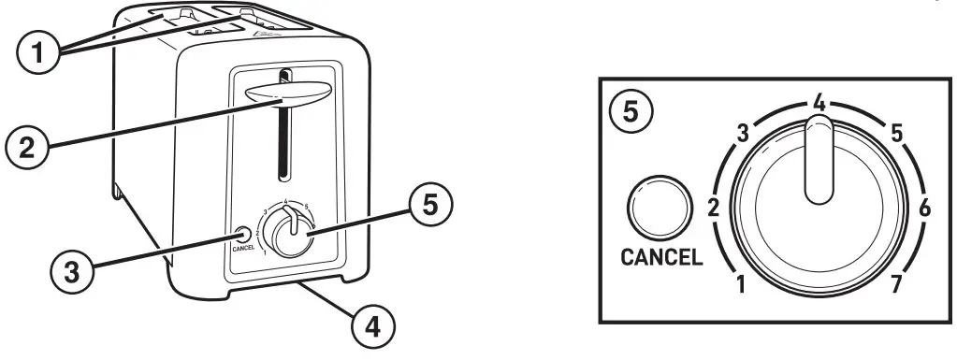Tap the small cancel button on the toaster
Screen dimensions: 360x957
pos(241,234)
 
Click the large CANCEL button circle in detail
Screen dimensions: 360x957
pos(660,207)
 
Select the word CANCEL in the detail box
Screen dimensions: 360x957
pos(661,257)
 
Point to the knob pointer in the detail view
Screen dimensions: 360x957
pos(819,164)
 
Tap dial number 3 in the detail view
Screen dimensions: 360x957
pos(745,133)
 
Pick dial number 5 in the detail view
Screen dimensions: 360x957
pos(896,134)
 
